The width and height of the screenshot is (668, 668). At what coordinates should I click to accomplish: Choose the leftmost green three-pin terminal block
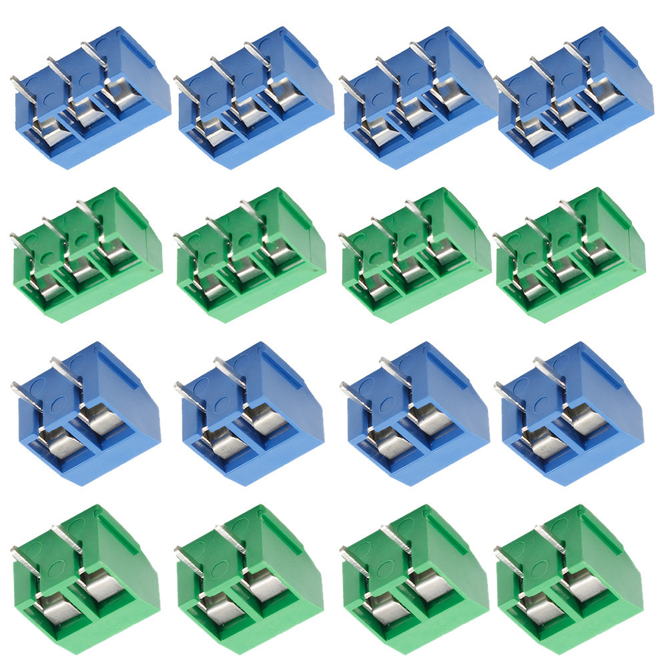[87, 257]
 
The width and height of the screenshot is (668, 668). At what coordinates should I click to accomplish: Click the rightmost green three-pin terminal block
[571, 257]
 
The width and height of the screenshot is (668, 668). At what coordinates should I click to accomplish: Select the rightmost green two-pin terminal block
[571, 574]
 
